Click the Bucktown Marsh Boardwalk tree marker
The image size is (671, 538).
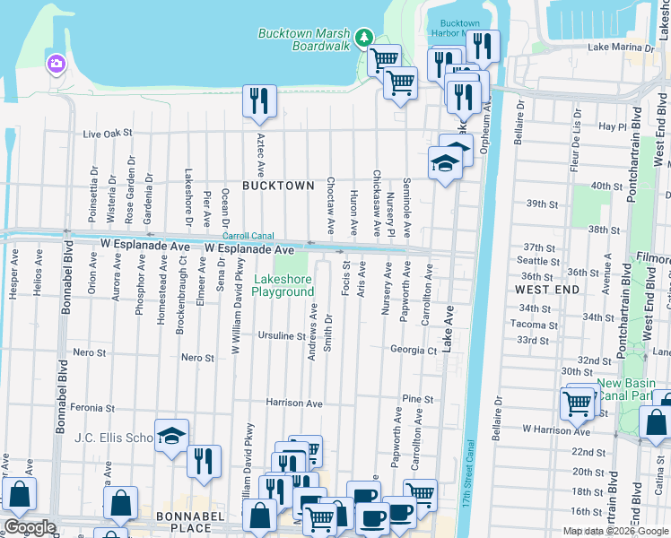pyautogui.click(x=363, y=38)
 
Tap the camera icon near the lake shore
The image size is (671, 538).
pyautogui.click(x=56, y=64)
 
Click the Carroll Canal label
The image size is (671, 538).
pyautogui.click(x=248, y=235)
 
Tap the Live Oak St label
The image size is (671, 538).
pyautogui.click(x=107, y=133)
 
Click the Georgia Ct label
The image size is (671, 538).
pyautogui.click(x=413, y=350)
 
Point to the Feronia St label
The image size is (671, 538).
pyautogui.click(x=93, y=407)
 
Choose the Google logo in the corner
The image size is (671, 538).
pyautogui.click(x=30, y=527)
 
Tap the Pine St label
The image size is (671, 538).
pyautogui.click(x=418, y=399)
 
